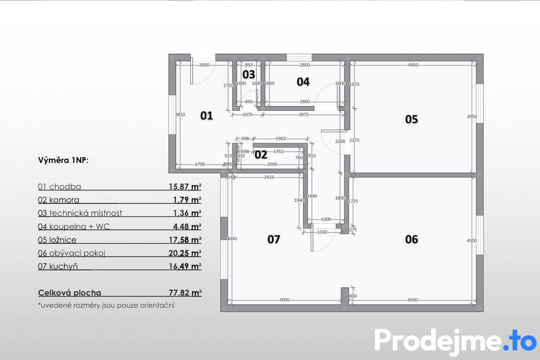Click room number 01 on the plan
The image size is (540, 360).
[207, 116]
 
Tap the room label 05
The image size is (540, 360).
[411, 119]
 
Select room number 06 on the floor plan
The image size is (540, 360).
[411, 239]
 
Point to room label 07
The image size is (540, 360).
[274, 239]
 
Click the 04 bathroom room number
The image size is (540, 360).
[303, 82]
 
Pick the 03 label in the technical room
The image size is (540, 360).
[249, 74]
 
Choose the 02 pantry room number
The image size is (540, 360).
[261, 155]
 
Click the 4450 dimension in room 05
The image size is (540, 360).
[413, 65]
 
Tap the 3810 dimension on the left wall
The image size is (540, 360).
[180, 115]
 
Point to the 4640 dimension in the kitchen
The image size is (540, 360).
[232, 239]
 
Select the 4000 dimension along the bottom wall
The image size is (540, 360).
[284, 300]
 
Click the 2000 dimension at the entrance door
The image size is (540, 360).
[204, 65]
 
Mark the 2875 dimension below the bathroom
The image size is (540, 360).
[304, 115]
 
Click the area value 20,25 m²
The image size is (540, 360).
[185, 253]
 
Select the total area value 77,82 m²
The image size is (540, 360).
[185, 293]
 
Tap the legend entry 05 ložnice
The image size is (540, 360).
[57, 240]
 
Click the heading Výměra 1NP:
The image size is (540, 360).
[63, 160]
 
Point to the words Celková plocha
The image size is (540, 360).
[69, 293]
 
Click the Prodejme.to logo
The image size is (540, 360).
[456, 341]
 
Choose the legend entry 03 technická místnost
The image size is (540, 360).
[80, 213]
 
